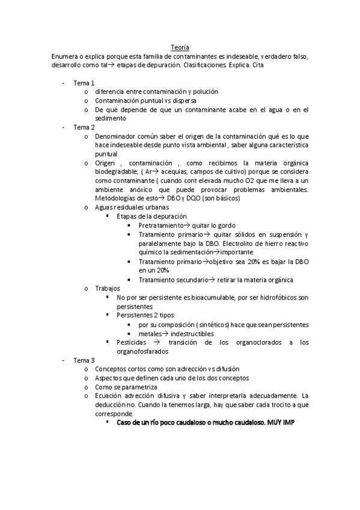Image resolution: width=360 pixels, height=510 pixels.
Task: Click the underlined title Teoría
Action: click(180, 48)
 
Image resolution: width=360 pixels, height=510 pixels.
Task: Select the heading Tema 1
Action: click(84, 82)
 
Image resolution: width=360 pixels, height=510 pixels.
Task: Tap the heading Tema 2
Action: click(84, 127)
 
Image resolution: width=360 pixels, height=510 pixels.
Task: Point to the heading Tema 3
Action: click(84, 360)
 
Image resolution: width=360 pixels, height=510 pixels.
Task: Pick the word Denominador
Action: click(117, 137)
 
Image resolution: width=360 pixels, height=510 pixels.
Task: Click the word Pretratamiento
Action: click(160, 225)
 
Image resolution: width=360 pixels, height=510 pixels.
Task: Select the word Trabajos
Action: click(108, 289)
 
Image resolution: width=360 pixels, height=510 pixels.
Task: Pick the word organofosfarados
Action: click(144, 351)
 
